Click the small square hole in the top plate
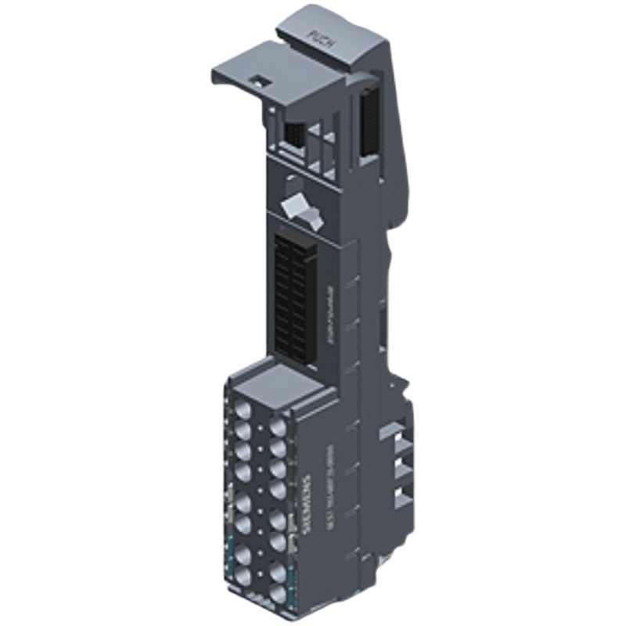(256, 80)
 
